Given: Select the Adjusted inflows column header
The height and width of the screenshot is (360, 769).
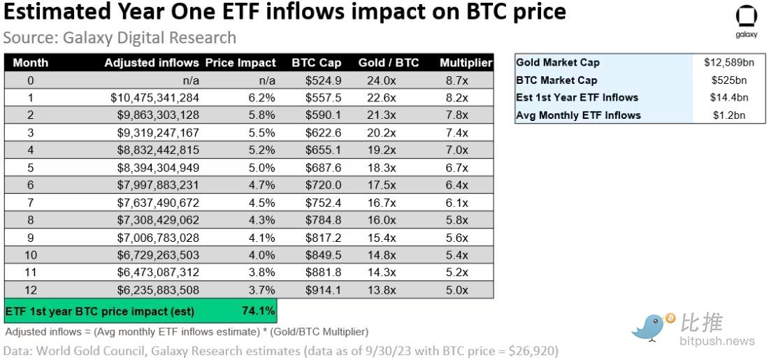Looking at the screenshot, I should click(152, 63).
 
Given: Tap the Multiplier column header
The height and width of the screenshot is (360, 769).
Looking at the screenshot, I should click(466, 63).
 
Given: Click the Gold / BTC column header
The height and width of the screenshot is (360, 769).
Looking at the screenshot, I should click(388, 63).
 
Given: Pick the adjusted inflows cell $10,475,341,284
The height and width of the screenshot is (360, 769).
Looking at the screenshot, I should click(154, 98).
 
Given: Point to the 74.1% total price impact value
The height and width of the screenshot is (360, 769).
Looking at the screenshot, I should click(259, 311).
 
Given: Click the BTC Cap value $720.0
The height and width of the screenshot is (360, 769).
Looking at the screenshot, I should click(323, 185).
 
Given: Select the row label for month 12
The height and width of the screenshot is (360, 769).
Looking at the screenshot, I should click(30, 290).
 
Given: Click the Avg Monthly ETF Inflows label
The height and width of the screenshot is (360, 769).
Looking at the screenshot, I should click(578, 115).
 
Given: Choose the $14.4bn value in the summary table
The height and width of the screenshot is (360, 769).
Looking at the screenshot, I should click(731, 98).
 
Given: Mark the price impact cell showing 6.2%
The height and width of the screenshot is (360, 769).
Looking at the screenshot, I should click(261, 98).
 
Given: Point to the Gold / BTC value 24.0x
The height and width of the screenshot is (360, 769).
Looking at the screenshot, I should click(382, 80).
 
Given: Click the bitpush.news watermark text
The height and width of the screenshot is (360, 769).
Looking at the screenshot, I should click(717, 341).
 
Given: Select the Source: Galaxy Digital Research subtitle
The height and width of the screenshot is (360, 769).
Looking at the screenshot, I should click(120, 38).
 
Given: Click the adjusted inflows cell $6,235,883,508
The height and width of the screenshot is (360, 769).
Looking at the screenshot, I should click(154, 290).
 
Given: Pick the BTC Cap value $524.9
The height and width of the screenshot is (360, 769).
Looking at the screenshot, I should click(323, 80).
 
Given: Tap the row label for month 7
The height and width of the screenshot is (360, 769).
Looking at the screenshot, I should click(30, 203).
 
